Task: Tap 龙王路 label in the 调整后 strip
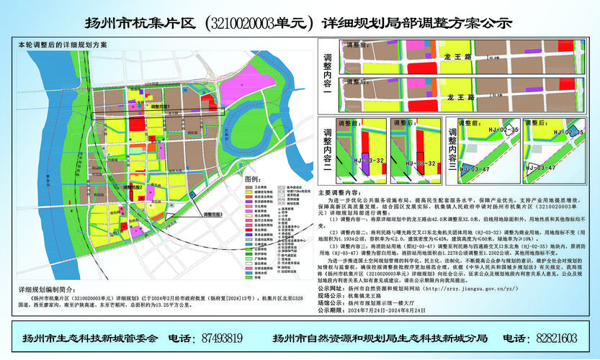point(460,95)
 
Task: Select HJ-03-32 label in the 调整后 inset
point(419,163)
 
